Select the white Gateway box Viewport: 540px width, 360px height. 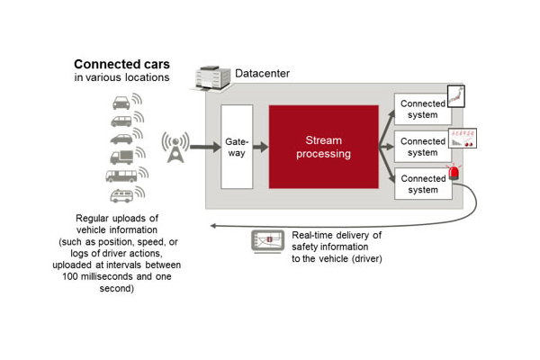236,146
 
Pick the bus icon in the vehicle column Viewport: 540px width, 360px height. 120,175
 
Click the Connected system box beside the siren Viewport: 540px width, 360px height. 422,184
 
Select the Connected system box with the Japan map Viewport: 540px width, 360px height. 422,110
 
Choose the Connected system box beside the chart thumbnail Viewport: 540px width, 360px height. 422,147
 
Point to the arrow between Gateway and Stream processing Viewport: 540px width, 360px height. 260,147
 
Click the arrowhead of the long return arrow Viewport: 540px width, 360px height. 210,226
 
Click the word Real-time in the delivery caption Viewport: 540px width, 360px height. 312,235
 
